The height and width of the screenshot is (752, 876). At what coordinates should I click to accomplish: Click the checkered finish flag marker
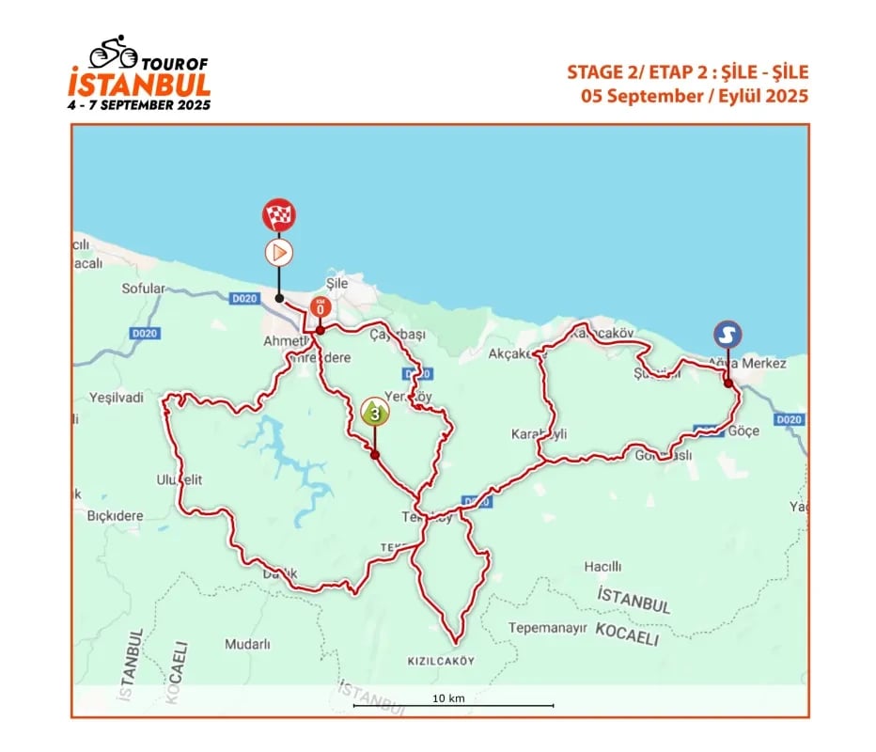[277, 215]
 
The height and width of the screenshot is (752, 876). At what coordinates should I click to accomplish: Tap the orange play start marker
[277, 252]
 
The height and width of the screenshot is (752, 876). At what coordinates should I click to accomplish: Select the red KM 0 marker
[321, 307]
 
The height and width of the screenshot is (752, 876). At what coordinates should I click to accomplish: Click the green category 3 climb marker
[374, 412]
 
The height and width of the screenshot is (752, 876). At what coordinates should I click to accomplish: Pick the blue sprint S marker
[727, 334]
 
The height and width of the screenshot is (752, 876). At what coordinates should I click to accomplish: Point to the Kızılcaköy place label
[442, 660]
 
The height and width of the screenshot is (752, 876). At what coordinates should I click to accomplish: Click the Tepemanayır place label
[548, 627]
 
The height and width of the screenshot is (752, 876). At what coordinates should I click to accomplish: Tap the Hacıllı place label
[603, 567]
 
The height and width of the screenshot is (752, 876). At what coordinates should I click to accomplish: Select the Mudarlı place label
[247, 645]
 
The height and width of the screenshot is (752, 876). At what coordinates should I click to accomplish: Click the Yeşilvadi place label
[117, 398]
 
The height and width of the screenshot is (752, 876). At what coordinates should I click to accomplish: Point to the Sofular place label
[144, 289]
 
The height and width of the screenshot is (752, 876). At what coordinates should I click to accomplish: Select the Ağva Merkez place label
[748, 363]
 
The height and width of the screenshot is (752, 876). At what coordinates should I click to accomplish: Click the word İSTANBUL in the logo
[139, 83]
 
